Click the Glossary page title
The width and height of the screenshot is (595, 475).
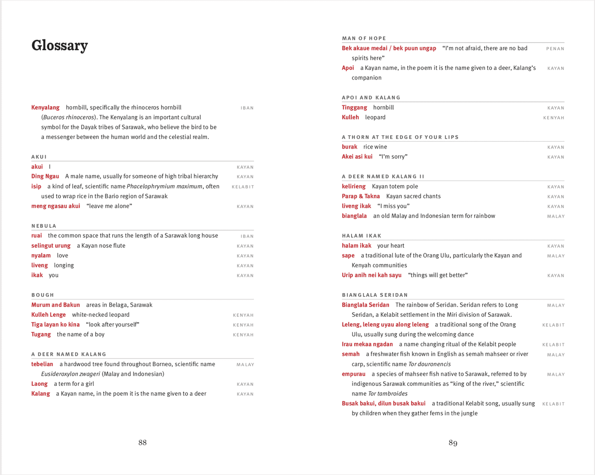tap(59, 46)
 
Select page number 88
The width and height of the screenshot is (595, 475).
tap(142, 443)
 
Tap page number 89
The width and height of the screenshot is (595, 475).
tap(453, 443)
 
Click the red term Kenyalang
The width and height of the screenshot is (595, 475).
tap(45, 107)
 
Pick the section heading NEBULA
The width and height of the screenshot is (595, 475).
tap(44, 226)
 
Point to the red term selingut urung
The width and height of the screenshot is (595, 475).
tap(51, 246)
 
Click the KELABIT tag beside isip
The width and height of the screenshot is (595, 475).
tap(243, 187)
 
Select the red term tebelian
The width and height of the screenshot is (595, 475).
tap(42, 364)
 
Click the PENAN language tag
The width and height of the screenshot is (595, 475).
tap(555, 48)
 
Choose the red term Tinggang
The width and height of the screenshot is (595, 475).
tap(354, 107)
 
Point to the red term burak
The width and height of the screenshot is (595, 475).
tap(349, 147)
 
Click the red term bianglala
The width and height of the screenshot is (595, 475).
tap(354, 216)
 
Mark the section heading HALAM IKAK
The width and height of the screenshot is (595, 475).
tap(362, 236)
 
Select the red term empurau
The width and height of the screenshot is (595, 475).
tap(353, 374)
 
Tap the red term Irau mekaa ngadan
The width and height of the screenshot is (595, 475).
tap(367, 344)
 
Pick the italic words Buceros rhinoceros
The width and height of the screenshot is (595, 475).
tap(68, 117)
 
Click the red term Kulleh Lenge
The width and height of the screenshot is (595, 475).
tap(49, 315)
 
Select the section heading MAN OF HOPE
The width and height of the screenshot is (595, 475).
tap(364, 38)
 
